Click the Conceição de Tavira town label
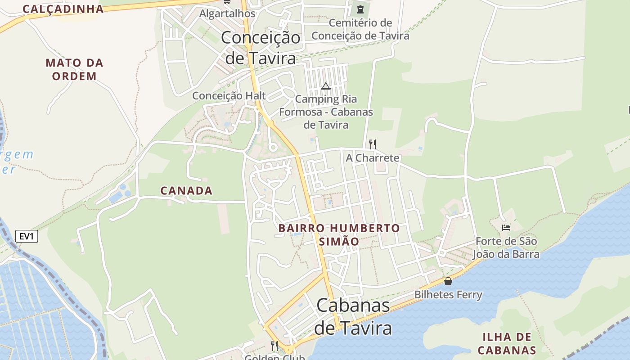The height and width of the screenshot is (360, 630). tap(261, 48)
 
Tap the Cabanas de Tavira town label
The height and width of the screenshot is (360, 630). tap(353, 317)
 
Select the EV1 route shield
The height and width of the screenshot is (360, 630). tap(27, 236)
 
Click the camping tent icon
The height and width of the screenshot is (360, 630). tap(326, 86)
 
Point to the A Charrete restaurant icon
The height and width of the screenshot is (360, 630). tap(372, 144)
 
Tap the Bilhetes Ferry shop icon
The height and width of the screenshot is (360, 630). tap(448, 281)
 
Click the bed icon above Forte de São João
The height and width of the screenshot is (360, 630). tap(506, 227)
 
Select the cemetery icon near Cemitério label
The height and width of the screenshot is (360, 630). tap(360, 9)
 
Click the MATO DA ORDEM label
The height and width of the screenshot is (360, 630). tap(75, 69)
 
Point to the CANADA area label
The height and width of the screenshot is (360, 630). tap(186, 191)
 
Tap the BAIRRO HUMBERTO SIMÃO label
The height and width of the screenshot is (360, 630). tap(339, 234)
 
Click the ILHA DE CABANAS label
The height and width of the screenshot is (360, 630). tap(507, 343)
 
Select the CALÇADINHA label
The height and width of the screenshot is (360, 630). tap(63, 9)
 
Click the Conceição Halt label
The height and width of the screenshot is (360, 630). tap(229, 96)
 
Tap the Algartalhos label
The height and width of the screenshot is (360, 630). tap(227, 13)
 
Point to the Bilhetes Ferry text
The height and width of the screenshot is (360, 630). tap(448, 295)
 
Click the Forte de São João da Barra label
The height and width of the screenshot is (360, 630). tap(506, 247)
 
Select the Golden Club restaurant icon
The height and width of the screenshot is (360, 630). tap(274, 346)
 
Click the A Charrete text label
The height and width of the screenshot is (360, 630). tap(372, 158)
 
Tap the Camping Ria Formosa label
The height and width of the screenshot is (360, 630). tap(326, 112)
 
